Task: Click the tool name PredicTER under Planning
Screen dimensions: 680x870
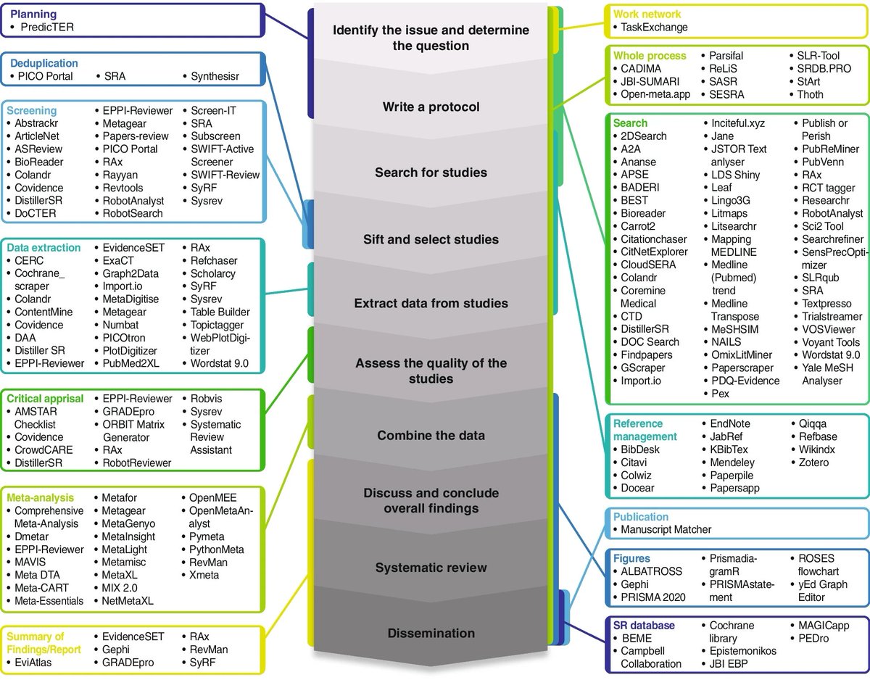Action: pos(47,28)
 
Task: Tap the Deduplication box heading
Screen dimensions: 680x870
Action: pos(44,63)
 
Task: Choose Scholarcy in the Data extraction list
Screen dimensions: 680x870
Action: pos(213,273)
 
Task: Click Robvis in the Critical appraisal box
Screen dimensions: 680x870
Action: pos(208,399)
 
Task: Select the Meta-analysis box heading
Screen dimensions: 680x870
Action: pos(40,498)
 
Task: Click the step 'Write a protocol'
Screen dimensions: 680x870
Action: pos(431,107)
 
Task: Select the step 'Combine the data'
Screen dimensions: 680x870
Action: pos(431,436)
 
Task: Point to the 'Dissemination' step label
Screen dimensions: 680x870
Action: pos(431,633)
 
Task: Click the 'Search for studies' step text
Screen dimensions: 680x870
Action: pos(431,173)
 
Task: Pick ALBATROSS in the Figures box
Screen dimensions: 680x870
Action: pos(652,571)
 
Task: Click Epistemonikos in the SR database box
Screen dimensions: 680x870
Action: pos(743,650)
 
